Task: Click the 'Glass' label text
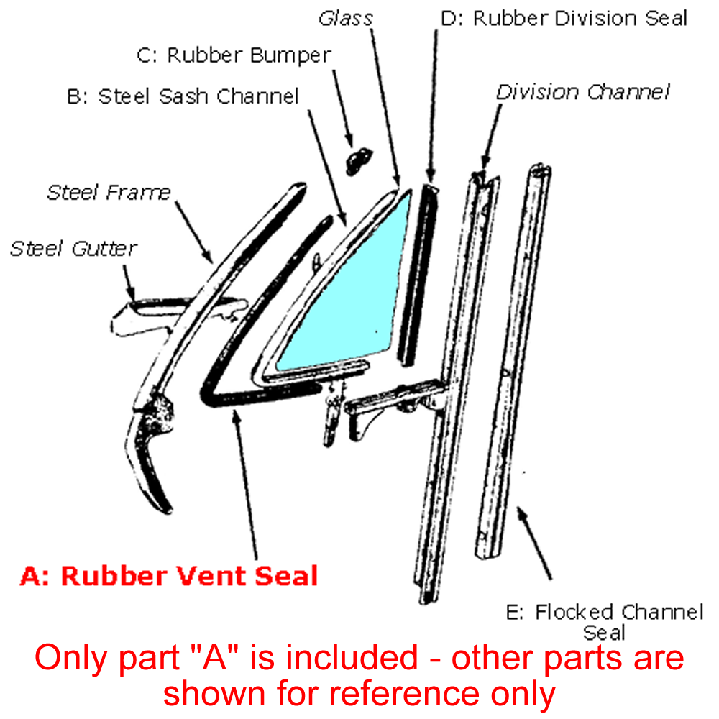(x=346, y=19)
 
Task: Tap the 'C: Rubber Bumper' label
(x=234, y=55)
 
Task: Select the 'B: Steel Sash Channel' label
(x=183, y=96)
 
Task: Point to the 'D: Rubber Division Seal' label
(x=564, y=19)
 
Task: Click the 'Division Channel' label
(x=583, y=92)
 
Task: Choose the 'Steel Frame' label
(x=109, y=193)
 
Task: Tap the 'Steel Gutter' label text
(x=73, y=249)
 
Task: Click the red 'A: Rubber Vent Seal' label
(x=169, y=576)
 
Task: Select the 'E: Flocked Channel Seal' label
(x=605, y=622)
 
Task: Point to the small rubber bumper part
(x=358, y=161)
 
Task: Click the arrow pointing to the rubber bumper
(x=343, y=109)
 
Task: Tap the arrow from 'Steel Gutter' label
(x=129, y=282)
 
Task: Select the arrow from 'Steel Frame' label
(x=194, y=232)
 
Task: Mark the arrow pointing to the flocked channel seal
(x=534, y=544)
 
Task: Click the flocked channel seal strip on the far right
(x=513, y=362)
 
